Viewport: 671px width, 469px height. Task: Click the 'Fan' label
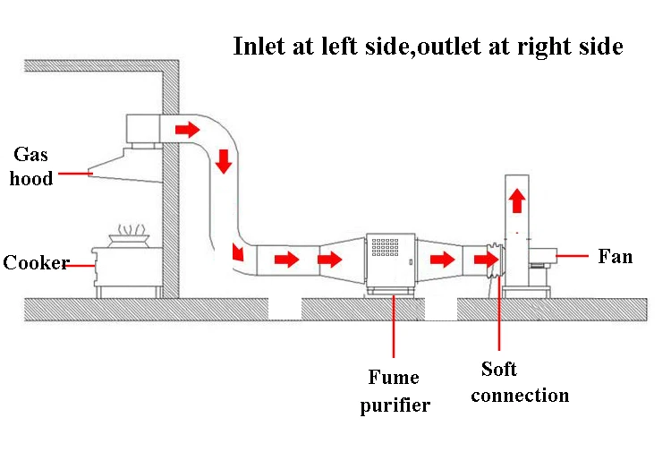tap(615, 256)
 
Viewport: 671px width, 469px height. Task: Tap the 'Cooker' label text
tap(36, 262)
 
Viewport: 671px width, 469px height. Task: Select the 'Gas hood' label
tap(30, 166)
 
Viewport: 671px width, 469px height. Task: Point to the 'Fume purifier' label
tap(395, 391)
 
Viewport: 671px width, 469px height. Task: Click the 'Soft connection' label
tap(520, 382)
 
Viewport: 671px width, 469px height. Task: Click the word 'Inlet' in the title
tap(259, 46)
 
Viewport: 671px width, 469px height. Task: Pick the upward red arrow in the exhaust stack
tap(517, 200)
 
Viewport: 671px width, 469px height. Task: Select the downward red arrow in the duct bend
tap(224, 161)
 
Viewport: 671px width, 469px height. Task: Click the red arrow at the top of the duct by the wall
tap(188, 129)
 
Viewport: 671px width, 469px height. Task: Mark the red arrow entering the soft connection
tap(487, 259)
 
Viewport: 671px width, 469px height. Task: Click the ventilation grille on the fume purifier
tap(385, 247)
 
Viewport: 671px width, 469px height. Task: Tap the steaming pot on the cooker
tap(129, 236)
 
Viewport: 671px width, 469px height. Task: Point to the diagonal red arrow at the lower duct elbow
tap(237, 252)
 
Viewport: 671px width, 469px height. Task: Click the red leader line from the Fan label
tap(573, 256)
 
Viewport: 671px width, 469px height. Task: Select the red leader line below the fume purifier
tap(394, 327)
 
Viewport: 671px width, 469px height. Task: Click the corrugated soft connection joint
tap(496, 260)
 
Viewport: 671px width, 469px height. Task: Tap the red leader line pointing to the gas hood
tap(75, 174)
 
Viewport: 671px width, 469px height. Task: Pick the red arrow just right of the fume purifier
tap(442, 260)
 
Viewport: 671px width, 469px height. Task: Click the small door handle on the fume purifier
tap(412, 261)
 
